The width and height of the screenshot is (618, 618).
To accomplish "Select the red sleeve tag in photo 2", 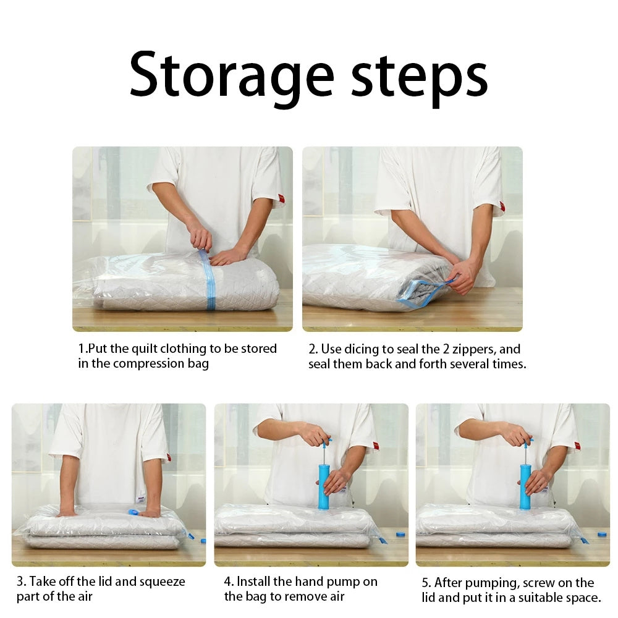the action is point(502,206).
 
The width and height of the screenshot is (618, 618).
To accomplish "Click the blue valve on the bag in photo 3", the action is point(134,512).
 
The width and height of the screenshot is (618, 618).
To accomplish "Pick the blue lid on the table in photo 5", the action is point(603,535).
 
